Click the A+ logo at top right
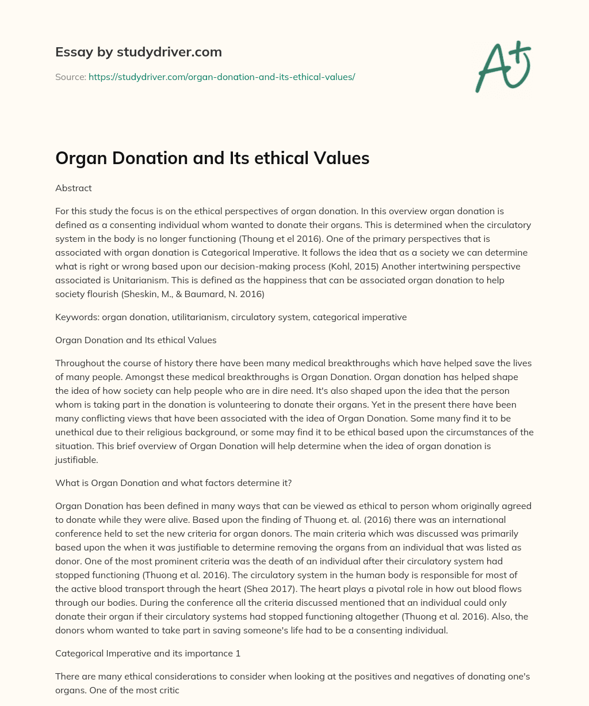click(x=502, y=67)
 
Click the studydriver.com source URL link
click(x=221, y=77)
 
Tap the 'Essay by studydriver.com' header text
click(x=139, y=52)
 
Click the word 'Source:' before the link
click(x=71, y=77)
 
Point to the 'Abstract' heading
click(x=74, y=188)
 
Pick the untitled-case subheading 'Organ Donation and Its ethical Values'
click(x=136, y=340)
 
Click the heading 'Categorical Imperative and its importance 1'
click(x=148, y=653)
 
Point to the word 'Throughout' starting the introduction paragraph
click(x=78, y=363)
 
